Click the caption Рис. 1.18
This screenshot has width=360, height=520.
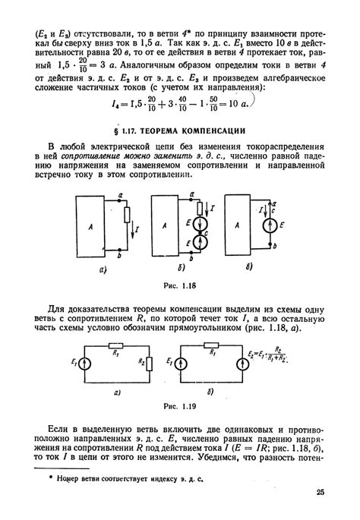(180, 285)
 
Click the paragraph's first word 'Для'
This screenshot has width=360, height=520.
(56, 310)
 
